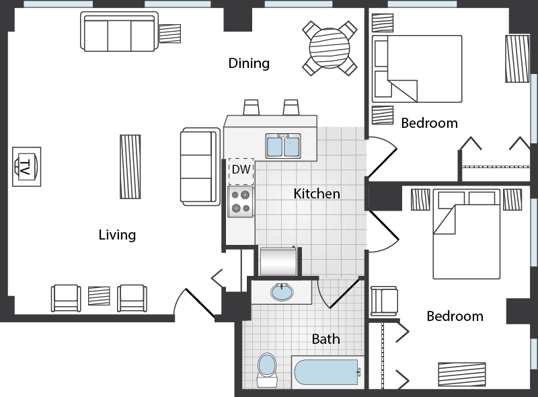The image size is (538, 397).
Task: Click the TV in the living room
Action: [26, 167]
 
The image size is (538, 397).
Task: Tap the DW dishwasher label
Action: [241, 170]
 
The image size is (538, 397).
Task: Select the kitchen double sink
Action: [283, 146]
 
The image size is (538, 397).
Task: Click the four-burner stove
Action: [241, 202]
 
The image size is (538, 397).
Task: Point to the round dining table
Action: [330, 48]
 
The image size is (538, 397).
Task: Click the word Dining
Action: [249, 63]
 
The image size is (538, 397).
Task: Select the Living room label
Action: [117, 235]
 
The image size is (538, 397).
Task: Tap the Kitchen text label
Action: [317, 194]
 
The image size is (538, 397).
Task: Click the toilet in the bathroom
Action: [266, 370]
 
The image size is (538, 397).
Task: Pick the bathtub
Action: [328, 372]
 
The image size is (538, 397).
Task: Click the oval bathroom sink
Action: [282, 293]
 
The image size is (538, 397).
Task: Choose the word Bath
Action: [325, 339]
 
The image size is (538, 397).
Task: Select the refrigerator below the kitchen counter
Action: [278, 260]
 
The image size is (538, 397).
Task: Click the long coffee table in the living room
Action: [130, 167]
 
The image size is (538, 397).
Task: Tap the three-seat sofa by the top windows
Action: [119, 32]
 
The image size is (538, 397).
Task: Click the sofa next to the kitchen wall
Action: [200, 167]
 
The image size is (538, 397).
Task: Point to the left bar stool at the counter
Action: [251, 108]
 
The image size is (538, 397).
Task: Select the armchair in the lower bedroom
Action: [384, 301]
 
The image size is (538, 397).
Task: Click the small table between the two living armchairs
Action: [99, 295]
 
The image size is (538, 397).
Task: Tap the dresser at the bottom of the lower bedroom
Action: [462, 374]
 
